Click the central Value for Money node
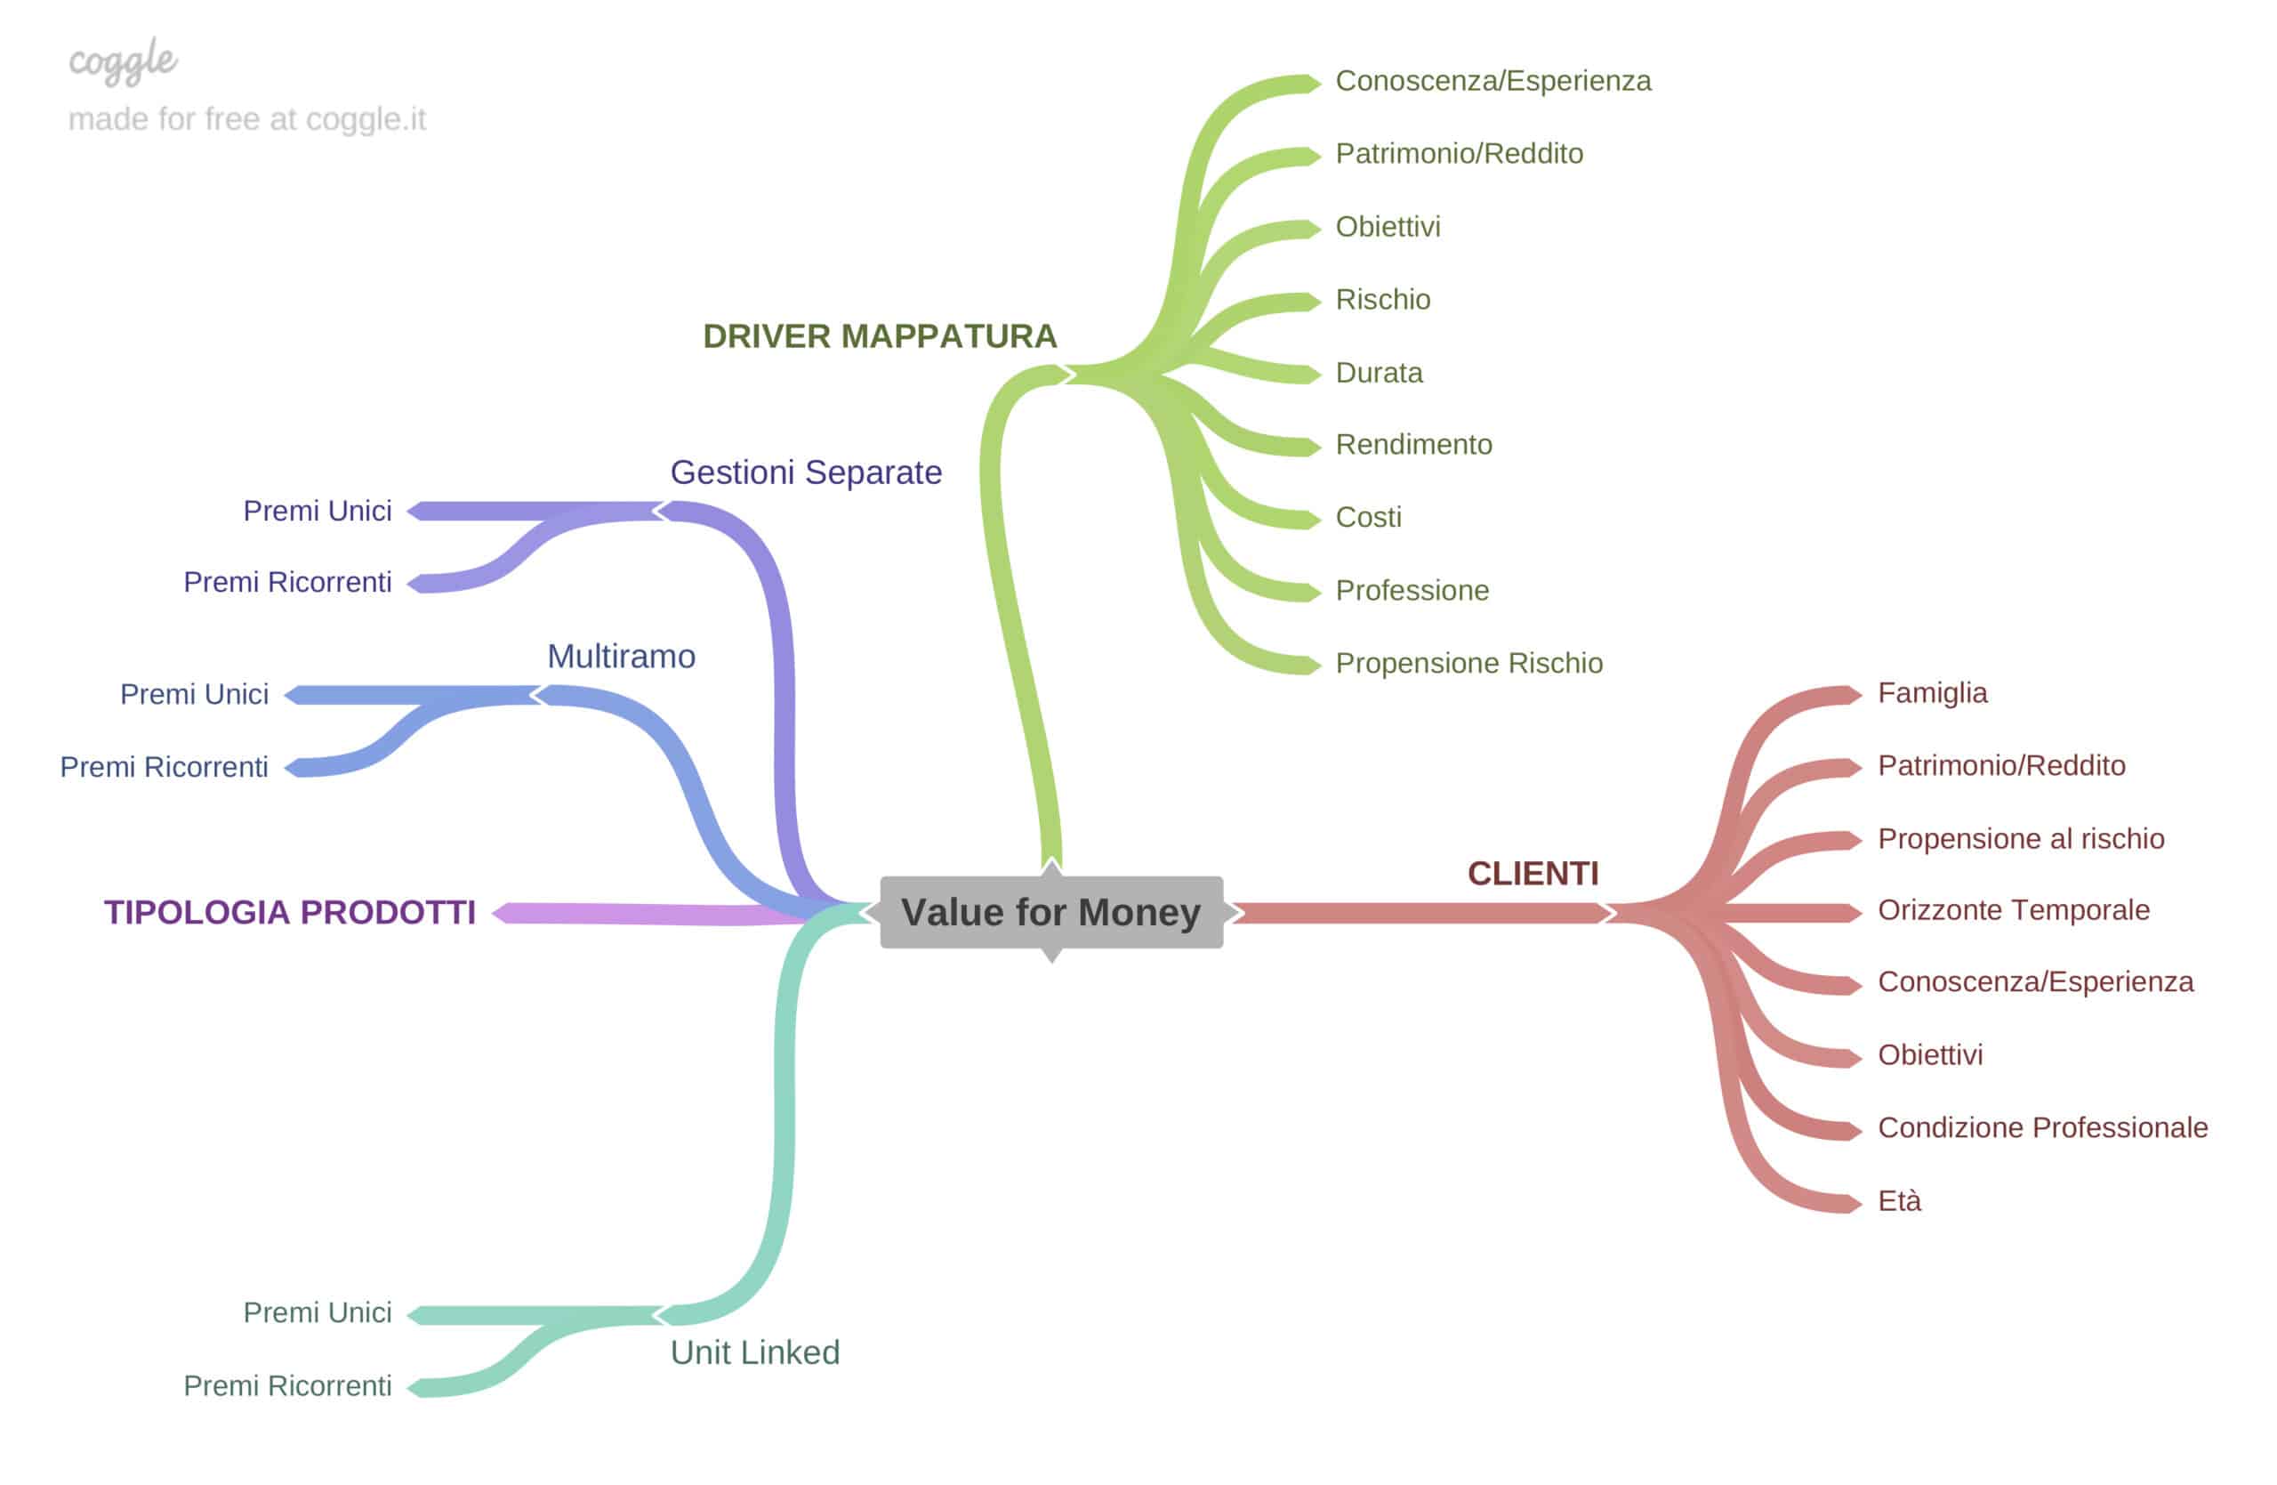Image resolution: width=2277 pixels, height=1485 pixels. click(x=1050, y=912)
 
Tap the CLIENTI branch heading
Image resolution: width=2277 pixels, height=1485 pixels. click(x=1533, y=873)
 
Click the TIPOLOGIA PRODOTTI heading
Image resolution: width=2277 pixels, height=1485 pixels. click(x=289, y=912)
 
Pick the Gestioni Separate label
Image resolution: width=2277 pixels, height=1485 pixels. click(x=806, y=472)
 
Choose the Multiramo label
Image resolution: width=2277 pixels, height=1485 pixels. click(x=621, y=657)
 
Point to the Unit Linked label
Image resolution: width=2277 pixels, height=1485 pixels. click(x=755, y=1352)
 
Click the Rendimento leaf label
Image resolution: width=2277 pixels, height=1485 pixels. click(x=1413, y=444)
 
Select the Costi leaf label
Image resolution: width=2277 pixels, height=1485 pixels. click(x=1368, y=517)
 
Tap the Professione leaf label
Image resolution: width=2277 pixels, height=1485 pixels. click(x=1412, y=591)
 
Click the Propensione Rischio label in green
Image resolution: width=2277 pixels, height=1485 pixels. click(x=1468, y=663)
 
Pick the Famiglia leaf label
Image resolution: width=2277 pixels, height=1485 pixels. click(x=1932, y=693)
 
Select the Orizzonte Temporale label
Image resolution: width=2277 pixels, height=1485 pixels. click(x=2013, y=910)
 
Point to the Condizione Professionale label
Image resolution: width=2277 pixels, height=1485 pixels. click(x=2042, y=1127)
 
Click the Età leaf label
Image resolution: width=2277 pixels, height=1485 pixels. click(x=1899, y=1201)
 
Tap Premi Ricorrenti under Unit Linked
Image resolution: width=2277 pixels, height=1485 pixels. click(x=287, y=1385)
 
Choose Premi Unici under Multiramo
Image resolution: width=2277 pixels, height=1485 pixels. click(x=194, y=694)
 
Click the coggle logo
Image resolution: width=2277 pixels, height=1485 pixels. click(x=123, y=61)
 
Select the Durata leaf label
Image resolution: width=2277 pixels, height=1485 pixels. click(x=1379, y=372)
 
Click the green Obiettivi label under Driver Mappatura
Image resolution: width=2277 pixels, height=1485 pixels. click(x=1388, y=227)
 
